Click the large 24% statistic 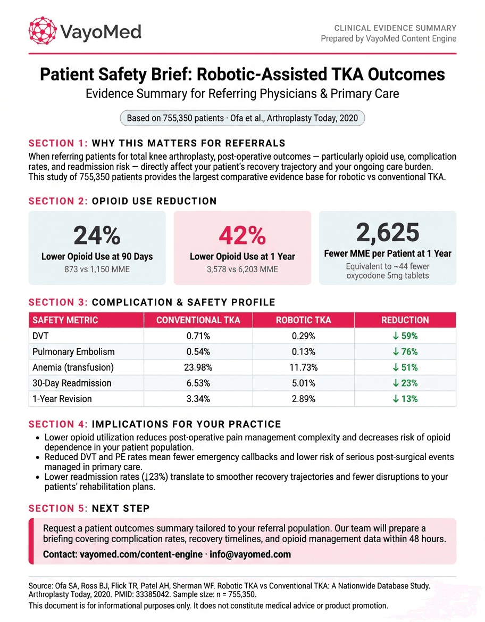(x=97, y=235)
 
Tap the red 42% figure (x=242, y=235)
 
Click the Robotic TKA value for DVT (x=303, y=336)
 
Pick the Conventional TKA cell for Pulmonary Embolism (x=198, y=352)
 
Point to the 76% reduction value (x=405, y=352)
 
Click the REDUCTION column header (x=405, y=320)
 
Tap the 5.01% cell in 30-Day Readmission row (x=303, y=383)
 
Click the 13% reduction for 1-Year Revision (x=405, y=399)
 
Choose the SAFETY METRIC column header (x=65, y=320)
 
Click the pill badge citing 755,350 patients (x=242, y=118)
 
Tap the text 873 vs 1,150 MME (x=97, y=269)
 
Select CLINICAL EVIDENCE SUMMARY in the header (x=395, y=28)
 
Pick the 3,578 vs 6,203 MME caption (x=242, y=269)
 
